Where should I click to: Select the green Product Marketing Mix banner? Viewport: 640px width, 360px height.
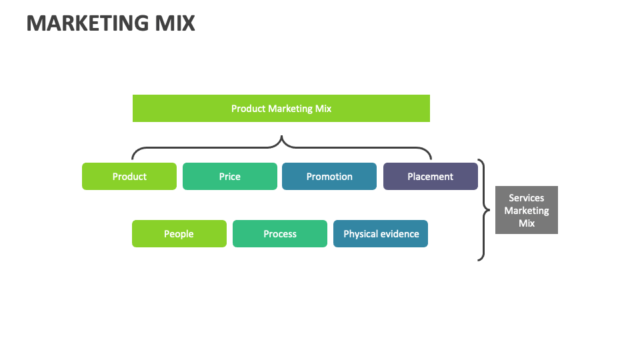click(281, 108)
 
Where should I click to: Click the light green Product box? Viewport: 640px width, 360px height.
click(129, 177)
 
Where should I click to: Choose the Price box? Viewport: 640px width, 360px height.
click(229, 177)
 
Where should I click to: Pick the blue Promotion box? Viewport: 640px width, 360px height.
click(329, 177)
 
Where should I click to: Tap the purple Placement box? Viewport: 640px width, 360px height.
click(430, 177)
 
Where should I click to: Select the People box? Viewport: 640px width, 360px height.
click(179, 234)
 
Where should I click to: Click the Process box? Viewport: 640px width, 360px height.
click(280, 234)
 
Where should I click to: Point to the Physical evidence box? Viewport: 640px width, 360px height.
click(381, 234)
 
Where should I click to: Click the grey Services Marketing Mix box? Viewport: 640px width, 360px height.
click(527, 210)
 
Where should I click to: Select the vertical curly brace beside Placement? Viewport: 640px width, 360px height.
click(483, 210)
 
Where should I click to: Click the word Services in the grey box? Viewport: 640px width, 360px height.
click(527, 198)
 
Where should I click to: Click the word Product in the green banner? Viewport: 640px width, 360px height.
click(248, 108)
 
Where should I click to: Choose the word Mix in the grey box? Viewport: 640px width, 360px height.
click(527, 223)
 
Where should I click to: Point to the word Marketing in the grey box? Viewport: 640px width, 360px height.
click(527, 211)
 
